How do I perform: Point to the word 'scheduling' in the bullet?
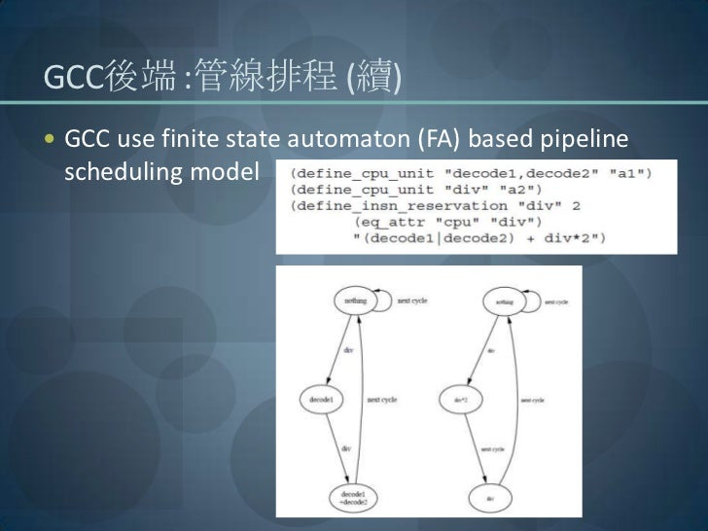pos(114,172)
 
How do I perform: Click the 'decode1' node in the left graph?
pos(321,398)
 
